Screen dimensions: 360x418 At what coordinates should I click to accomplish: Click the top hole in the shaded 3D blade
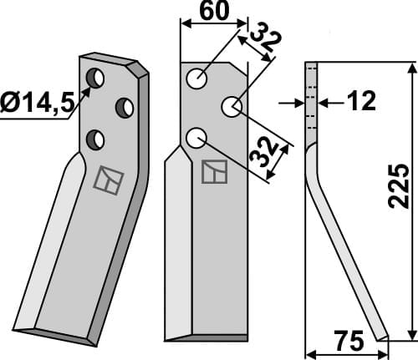pyautogui.click(x=96, y=78)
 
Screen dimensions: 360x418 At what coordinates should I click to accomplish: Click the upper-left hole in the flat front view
pyautogui.click(x=196, y=79)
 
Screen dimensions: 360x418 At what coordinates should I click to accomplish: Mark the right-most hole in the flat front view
pyautogui.click(x=231, y=107)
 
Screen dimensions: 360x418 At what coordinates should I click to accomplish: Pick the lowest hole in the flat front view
pyautogui.click(x=196, y=136)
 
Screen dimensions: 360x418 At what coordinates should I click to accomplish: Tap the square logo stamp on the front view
pyautogui.click(x=213, y=170)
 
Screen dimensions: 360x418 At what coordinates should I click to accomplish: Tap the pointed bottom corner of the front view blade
pyautogui.click(x=167, y=338)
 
